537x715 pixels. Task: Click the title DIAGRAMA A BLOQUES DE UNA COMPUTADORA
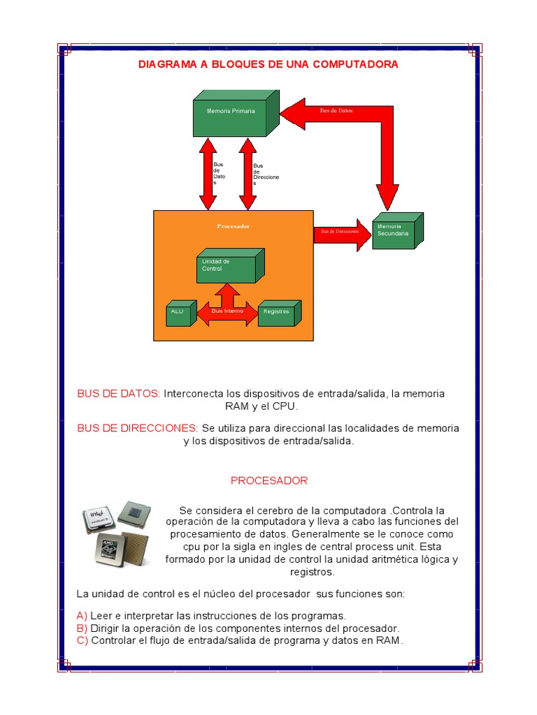pos(268,64)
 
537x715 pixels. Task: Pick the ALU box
pos(178,314)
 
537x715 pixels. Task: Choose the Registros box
pos(277,314)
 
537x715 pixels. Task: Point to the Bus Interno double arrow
pos(227,311)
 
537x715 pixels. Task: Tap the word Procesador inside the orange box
pos(233,226)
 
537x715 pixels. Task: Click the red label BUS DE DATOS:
pos(119,394)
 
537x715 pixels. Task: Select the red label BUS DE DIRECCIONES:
pos(138,427)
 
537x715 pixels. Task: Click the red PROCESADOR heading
pos(269,481)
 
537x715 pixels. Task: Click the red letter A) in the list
pos(82,616)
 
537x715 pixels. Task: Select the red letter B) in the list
pos(82,628)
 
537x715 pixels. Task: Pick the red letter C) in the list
pos(83,641)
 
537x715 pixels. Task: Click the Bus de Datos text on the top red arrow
pos(336,111)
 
